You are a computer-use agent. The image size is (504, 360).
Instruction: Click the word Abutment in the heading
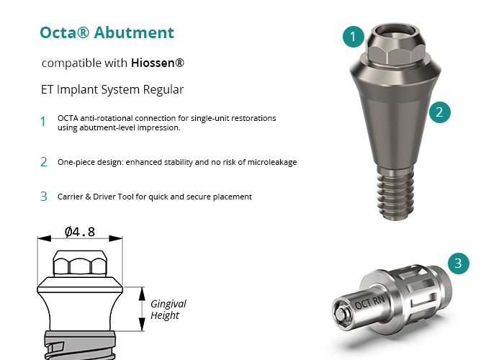(134, 32)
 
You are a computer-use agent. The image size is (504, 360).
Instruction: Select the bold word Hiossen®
(158, 63)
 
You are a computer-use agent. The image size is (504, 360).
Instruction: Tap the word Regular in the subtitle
(163, 90)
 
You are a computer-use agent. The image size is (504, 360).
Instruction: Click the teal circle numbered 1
(354, 37)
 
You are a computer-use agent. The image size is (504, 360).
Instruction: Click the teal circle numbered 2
(440, 112)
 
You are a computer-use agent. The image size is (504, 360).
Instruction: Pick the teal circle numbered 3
(459, 264)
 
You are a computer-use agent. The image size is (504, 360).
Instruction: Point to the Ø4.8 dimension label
(80, 232)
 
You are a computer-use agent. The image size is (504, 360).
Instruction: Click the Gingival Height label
(168, 310)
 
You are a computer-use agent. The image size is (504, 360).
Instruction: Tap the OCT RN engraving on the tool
(369, 302)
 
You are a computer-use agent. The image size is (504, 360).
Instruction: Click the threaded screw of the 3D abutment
(395, 193)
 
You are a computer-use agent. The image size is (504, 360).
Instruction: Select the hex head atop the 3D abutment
(396, 53)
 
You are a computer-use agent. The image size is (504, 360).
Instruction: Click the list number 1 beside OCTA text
(43, 122)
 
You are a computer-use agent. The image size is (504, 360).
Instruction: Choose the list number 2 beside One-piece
(44, 162)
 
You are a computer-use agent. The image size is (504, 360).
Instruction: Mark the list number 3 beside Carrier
(44, 197)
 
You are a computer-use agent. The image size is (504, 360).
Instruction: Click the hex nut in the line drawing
(81, 264)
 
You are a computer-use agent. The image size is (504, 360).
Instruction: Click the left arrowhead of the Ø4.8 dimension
(44, 238)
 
